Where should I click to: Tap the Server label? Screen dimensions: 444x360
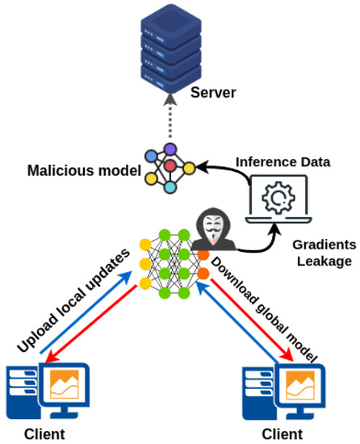pyautogui.click(x=213, y=93)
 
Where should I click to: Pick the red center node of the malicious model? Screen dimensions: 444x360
pyautogui.click(x=170, y=167)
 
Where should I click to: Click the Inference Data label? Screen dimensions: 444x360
pyautogui.click(x=283, y=161)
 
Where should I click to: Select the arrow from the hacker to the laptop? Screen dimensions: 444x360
pyautogui.click(x=258, y=239)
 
